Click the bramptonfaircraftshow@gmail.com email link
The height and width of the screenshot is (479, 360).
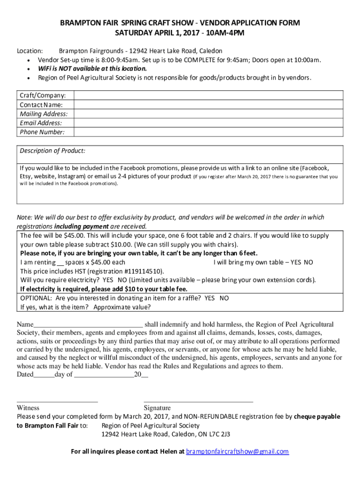[x=238, y=451]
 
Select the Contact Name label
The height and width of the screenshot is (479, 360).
[x=41, y=105]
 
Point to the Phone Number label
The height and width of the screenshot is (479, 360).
[x=42, y=132]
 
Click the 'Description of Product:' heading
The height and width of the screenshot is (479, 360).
[x=52, y=151]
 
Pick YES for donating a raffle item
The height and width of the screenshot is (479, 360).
[x=210, y=298]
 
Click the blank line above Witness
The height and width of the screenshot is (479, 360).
[x=57, y=400]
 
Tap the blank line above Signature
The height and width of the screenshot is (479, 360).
[x=198, y=400]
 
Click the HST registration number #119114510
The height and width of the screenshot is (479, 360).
[x=143, y=271]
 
